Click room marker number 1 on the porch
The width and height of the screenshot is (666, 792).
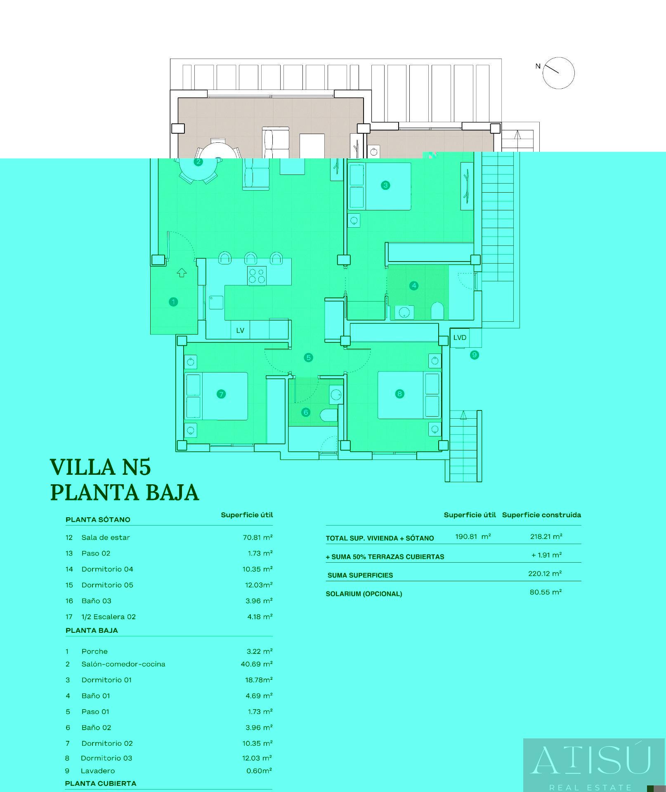click(x=173, y=302)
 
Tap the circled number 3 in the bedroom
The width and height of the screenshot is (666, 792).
click(x=385, y=185)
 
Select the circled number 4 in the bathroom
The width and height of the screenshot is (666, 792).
click(x=414, y=285)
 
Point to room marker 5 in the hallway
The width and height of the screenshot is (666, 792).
click(x=309, y=358)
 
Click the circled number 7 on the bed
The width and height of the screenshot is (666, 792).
click(x=221, y=394)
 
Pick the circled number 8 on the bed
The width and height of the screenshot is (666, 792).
click(x=399, y=394)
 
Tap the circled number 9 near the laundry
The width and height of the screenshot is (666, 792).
click(x=475, y=355)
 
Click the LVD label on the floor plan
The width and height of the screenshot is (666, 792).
click(x=460, y=337)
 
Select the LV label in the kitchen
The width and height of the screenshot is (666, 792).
click(x=240, y=330)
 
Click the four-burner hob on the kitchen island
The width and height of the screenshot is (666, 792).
click(x=257, y=276)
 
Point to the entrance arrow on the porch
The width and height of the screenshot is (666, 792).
click(x=182, y=272)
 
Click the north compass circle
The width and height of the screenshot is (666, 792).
click(x=558, y=73)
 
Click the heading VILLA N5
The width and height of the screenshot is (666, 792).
click(x=101, y=467)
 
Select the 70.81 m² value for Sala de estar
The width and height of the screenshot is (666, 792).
click(x=257, y=537)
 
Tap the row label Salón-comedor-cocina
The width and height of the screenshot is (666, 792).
click(x=123, y=664)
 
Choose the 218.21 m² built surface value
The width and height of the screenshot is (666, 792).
click(x=546, y=536)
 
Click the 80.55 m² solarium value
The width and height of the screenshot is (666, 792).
click(x=546, y=592)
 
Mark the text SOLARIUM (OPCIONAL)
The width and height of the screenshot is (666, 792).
click(x=364, y=594)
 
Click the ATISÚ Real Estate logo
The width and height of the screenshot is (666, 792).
click(x=592, y=764)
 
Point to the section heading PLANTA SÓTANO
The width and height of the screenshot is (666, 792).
click(x=98, y=519)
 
